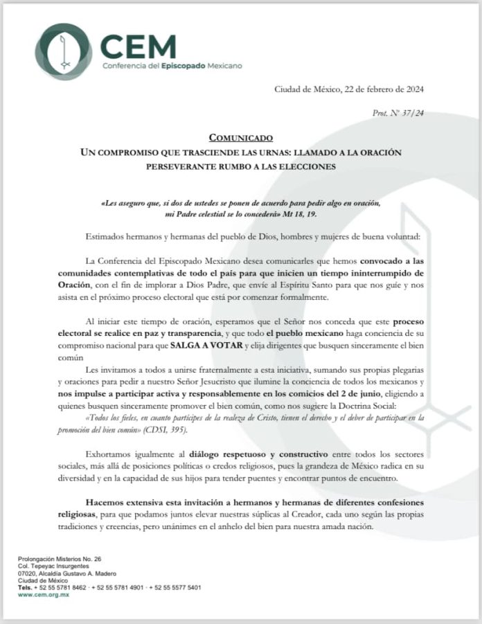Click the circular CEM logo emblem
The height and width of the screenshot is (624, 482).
63,51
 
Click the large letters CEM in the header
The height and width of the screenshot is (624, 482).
137,46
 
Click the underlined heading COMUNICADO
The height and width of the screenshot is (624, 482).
241,138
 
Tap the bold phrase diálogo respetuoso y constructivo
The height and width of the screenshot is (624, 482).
218,454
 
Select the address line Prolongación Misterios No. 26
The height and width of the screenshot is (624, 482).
60,558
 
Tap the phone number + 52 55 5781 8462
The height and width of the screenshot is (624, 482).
66,587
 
